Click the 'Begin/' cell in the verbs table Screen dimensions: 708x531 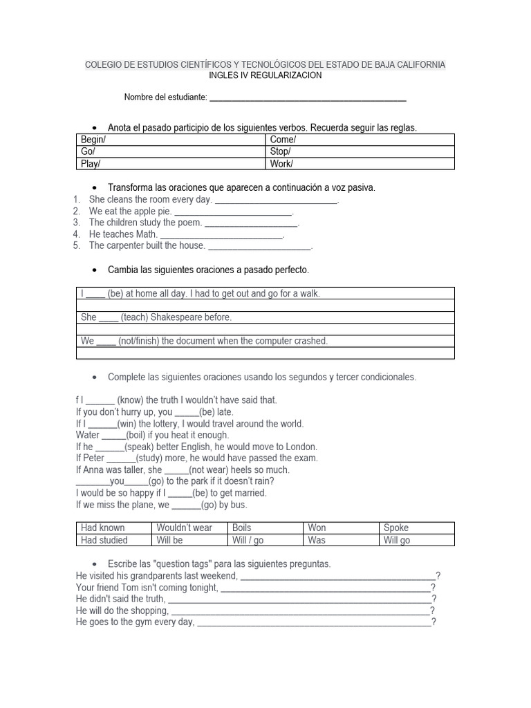pos(93,140)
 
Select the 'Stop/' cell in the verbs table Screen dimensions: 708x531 pos(280,151)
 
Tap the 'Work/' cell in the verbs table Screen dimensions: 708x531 pos(281,164)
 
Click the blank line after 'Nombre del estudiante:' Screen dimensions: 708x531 pos(308,98)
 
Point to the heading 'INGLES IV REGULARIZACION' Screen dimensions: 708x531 pos(265,75)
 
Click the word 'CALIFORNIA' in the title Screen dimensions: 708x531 pos(421,64)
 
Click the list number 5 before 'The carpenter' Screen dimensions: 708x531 pos(76,245)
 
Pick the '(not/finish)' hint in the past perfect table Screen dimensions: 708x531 pos(139,341)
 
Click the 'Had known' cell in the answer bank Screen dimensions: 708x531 pos(103,528)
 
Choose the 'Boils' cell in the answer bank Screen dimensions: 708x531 pos(242,528)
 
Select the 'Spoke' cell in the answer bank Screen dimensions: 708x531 pos(396,528)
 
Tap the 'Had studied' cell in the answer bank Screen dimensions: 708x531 pos(104,540)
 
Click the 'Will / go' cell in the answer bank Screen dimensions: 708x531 pos(248,540)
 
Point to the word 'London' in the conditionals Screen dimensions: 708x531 pos(301,447)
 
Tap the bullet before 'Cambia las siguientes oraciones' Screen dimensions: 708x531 pos(93,270)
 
